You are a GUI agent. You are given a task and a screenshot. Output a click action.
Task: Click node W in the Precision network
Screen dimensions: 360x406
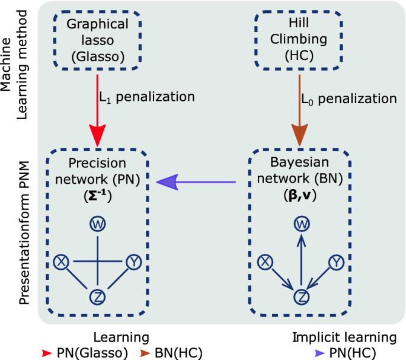97,224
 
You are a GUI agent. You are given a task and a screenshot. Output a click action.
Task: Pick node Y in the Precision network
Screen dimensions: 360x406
133,262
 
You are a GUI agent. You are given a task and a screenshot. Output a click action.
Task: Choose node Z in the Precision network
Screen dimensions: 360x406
97,296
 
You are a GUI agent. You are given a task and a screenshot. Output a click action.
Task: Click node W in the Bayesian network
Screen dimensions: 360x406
301,224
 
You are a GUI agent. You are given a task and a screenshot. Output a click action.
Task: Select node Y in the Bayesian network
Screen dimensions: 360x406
337,262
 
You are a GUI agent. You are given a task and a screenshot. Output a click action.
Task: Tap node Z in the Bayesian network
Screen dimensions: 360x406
301,296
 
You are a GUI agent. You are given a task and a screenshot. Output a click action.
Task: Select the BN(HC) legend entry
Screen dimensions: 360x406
172,352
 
